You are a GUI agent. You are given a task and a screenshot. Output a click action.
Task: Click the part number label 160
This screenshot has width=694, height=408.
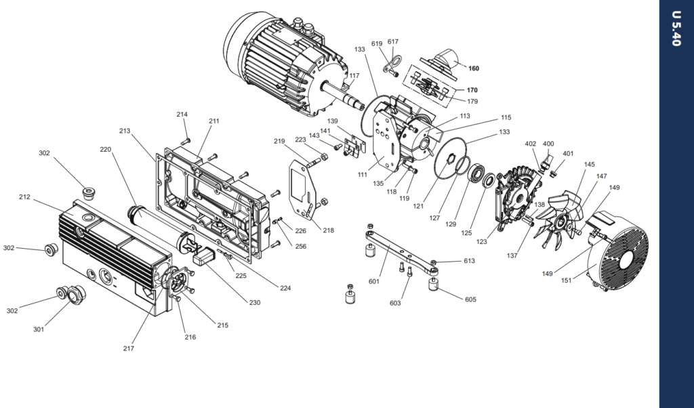click(x=474, y=68)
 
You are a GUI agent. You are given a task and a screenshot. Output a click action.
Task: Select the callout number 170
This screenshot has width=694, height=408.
click(x=472, y=90)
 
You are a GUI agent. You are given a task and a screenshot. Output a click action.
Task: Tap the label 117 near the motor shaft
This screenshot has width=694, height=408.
click(x=354, y=76)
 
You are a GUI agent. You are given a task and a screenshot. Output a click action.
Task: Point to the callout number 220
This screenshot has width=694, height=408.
click(x=105, y=150)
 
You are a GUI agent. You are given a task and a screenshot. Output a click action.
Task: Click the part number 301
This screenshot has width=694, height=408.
click(x=39, y=329)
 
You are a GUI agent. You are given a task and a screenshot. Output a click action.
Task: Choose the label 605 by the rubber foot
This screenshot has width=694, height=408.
click(x=470, y=300)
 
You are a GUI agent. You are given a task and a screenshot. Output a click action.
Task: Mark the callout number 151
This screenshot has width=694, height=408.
click(x=566, y=281)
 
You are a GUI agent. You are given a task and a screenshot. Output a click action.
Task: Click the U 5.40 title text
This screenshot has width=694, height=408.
click(x=676, y=28)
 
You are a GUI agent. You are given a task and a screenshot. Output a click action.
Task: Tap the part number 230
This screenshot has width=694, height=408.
click(x=255, y=303)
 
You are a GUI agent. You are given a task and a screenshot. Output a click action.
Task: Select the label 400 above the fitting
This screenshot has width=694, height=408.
click(x=548, y=144)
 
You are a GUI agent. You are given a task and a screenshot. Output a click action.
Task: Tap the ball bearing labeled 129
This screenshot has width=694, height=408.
click(x=476, y=174)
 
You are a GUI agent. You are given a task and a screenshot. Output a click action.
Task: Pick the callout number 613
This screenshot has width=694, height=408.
click(x=469, y=261)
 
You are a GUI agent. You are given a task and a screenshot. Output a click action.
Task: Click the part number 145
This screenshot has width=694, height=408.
click(x=589, y=165)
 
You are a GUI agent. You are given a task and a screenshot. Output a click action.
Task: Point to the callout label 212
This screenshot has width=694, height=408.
click(x=24, y=197)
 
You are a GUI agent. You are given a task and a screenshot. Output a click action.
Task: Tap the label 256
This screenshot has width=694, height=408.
click(x=300, y=247)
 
